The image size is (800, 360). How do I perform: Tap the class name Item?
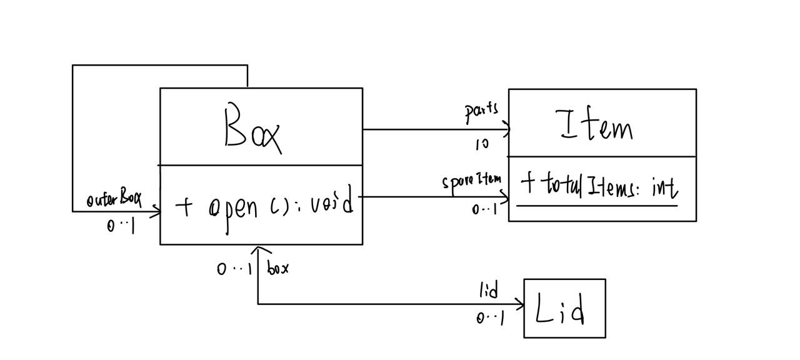pyautogui.click(x=597, y=126)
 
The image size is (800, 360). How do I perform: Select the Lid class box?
pyautogui.click(x=564, y=309)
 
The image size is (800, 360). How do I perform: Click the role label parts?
pyautogui.click(x=481, y=111)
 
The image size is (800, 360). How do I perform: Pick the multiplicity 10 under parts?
pyautogui.click(x=482, y=144)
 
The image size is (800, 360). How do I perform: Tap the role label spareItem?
pyautogui.click(x=472, y=182)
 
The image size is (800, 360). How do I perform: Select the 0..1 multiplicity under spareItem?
pyautogui.click(x=484, y=209)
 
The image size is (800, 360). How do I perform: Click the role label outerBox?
pyautogui.click(x=114, y=200)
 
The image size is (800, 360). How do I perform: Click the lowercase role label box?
pyautogui.click(x=277, y=269)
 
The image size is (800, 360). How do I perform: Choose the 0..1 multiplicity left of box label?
pyautogui.click(x=234, y=269)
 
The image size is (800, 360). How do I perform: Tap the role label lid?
pyautogui.click(x=489, y=291)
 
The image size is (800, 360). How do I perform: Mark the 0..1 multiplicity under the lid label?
pyautogui.click(x=490, y=318)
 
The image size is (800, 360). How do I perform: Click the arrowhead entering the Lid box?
pyautogui.click(x=520, y=305)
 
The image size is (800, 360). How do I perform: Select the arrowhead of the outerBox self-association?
pyautogui.click(x=156, y=212)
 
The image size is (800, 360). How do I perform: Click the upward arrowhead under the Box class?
pyautogui.click(x=258, y=250)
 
